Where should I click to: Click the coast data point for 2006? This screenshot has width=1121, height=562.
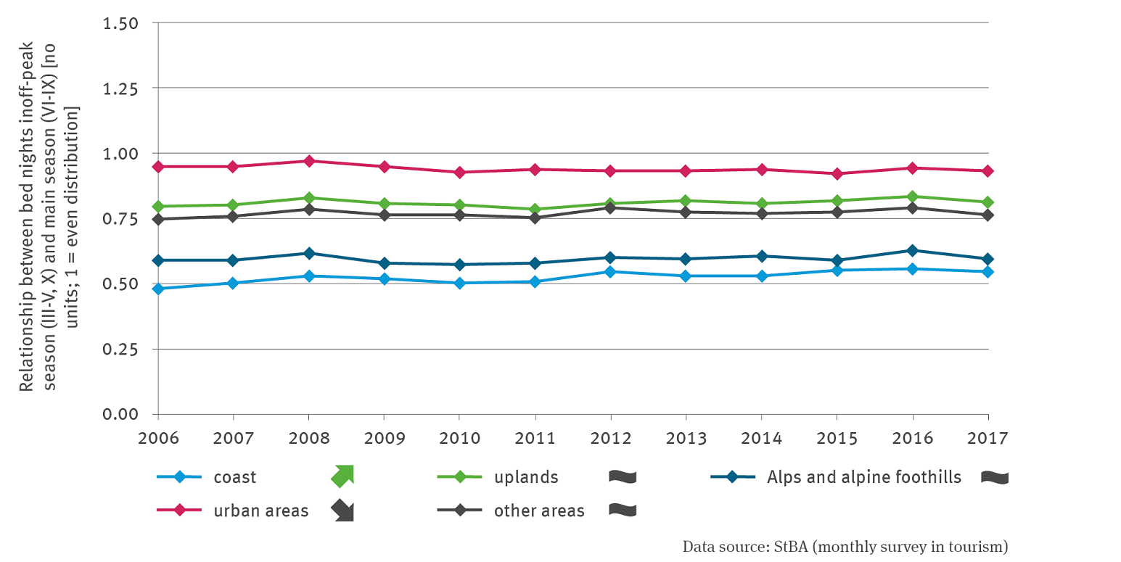click(x=158, y=289)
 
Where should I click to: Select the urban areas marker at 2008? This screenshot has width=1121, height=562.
click(x=309, y=161)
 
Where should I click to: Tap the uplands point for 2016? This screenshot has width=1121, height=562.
click(x=913, y=197)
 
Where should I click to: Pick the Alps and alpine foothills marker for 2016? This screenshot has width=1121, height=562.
click(x=913, y=251)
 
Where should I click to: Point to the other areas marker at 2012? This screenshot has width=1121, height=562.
click(x=611, y=208)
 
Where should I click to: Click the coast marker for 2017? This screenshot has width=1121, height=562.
click(x=988, y=272)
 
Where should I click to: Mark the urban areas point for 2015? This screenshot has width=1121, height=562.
click(x=837, y=174)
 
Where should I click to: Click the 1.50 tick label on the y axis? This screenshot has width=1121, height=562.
click(x=120, y=23)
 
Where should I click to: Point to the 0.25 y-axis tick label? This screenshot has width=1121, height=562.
click(x=120, y=350)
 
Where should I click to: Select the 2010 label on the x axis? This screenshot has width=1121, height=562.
click(x=460, y=439)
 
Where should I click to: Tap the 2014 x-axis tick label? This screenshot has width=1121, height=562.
click(x=762, y=439)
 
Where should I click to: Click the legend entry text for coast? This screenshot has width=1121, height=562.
click(x=234, y=477)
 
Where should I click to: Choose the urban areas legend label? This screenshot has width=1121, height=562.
click(x=260, y=511)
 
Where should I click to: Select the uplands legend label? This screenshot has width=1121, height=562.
click(x=526, y=477)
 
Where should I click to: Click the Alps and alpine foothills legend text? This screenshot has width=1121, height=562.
click(x=863, y=477)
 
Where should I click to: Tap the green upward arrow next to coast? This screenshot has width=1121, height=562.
click(x=342, y=476)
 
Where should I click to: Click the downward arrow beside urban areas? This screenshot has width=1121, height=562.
click(x=342, y=511)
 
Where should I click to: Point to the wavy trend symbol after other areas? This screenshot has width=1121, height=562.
click(x=623, y=511)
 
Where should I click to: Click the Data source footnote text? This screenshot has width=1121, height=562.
click(x=845, y=546)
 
